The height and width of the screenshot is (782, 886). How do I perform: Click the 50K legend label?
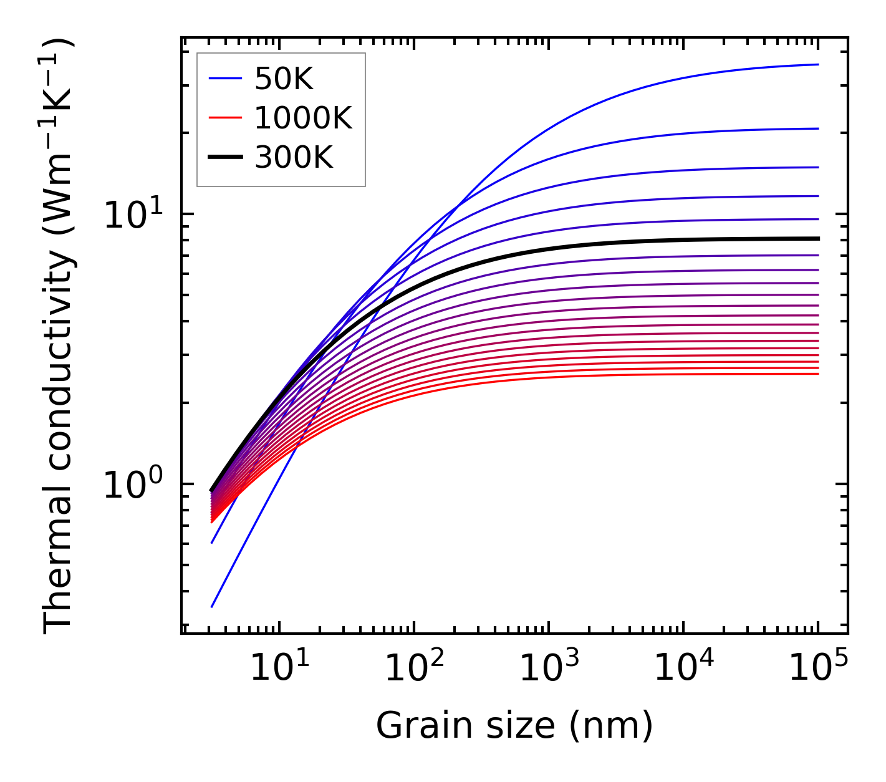283,79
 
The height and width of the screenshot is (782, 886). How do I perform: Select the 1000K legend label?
303,118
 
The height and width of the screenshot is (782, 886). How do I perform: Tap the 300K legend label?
294,157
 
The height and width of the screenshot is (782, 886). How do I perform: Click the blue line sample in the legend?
224,79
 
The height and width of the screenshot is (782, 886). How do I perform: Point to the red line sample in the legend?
224,118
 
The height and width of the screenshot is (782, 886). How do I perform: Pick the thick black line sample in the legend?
224,157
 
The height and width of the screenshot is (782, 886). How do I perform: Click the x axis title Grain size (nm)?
514,726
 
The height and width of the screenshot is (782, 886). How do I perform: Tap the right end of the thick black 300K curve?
818,238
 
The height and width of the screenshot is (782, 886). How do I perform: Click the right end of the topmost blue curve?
818,64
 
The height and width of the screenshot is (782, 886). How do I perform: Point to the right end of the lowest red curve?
818,374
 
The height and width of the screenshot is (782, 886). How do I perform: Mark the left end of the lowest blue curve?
212,606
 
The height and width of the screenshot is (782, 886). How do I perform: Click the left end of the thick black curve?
212,490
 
